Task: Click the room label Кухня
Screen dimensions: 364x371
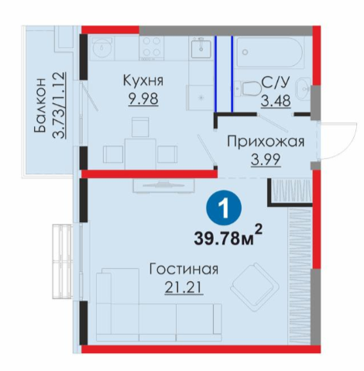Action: point(143,81)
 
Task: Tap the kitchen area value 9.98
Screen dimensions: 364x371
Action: point(143,98)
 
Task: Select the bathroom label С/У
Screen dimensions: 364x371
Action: point(276,82)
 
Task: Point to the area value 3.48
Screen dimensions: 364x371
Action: point(276,101)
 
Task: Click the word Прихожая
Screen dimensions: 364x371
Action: point(266,142)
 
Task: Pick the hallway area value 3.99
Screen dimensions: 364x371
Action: point(266,160)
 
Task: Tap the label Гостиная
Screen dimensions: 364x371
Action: point(184,269)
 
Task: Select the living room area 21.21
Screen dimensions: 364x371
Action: point(184,287)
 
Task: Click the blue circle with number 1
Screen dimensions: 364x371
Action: point(224,208)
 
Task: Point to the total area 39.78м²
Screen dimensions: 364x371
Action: point(228,235)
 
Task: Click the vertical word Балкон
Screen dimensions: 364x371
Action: point(39,105)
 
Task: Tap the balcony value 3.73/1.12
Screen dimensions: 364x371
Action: point(59,105)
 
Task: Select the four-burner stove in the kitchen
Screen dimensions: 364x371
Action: point(152,47)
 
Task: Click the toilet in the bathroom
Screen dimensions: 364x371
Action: point(246,88)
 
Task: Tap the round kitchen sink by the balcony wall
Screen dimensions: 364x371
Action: point(102,48)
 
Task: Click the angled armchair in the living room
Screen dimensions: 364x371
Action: point(255,287)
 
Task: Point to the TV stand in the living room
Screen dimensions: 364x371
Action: point(163,185)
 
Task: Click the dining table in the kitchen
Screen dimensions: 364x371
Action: point(140,154)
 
